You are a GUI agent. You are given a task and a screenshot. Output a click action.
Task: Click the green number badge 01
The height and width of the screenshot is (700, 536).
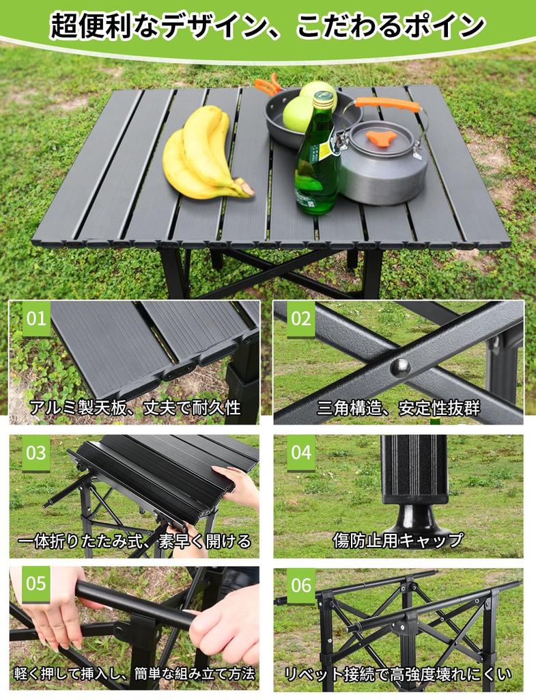[36, 319]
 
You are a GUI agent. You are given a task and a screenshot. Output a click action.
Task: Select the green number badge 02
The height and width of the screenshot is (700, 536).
[300, 319]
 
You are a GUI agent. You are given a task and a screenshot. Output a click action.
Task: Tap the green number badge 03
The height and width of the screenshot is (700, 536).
[36, 453]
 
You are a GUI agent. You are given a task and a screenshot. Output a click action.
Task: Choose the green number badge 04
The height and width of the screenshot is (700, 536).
[300, 453]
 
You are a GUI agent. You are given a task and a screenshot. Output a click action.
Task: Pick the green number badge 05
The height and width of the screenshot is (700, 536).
[36, 584]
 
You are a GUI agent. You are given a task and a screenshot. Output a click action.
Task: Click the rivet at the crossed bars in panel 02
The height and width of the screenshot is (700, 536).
[400, 368]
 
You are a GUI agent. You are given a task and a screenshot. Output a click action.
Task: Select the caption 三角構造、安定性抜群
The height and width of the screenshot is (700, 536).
[398, 409]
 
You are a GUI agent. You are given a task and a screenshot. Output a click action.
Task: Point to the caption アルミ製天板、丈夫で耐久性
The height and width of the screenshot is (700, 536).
[135, 409]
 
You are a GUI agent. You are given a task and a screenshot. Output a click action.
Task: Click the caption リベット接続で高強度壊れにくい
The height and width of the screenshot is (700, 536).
[398, 675]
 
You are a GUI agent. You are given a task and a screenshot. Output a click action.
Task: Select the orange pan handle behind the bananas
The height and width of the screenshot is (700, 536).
[268, 85]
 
